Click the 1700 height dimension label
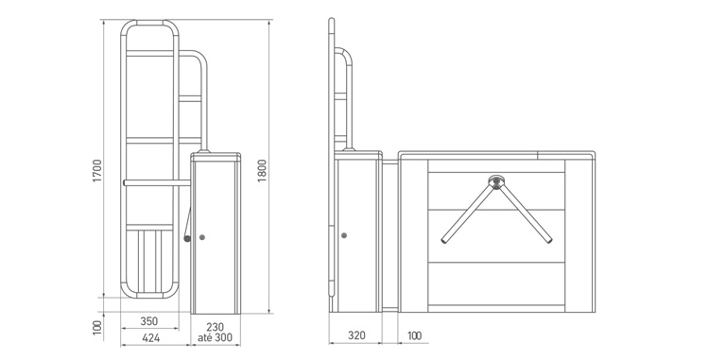pyautogui.click(x=97, y=170)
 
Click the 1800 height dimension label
pyautogui.click(x=262, y=170)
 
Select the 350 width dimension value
pyautogui.click(x=148, y=321)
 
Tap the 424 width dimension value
pyautogui.click(x=150, y=338)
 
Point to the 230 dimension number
pyautogui.click(x=216, y=327)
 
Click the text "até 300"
pyautogui.click(x=215, y=337)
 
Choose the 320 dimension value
pyautogui.click(x=356, y=335)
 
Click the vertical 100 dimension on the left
pyautogui.click(x=97, y=328)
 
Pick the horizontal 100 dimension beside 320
pyautogui.click(x=414, y=335)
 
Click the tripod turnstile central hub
pyautogui.click(x=496, y=182)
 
